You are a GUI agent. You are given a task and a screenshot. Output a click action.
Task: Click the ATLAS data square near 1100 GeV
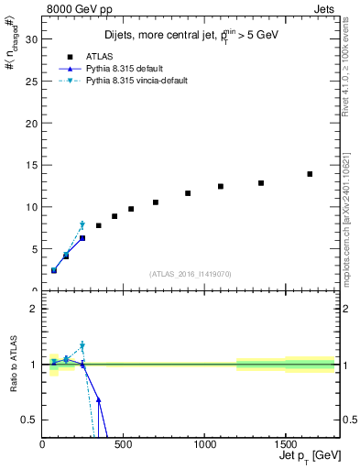[x=221, y=186]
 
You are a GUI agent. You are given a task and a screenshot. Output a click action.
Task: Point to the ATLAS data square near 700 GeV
[x=156, y=202]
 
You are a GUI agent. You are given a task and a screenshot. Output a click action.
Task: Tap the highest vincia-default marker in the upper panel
[x=82, y=224]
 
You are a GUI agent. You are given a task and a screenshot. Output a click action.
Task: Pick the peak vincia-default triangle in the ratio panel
[x=82, y=346]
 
